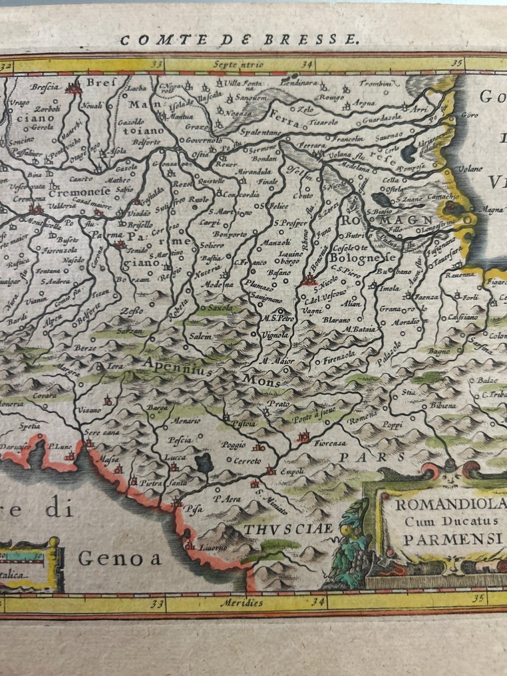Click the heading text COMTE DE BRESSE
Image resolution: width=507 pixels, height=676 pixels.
(240, 39)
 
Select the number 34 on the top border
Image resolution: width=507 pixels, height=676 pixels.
(307, 65)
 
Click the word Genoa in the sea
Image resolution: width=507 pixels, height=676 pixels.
(120, 558)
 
